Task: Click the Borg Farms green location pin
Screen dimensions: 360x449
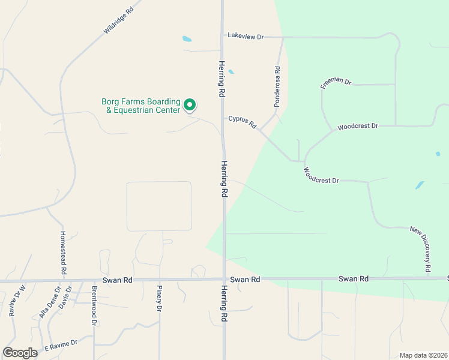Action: pyautogui.click(x=190, y=106)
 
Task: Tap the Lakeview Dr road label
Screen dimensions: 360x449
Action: pyautogui.click(x=246, y=37)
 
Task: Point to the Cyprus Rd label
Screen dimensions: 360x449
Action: pyautogui.click(x=243, y=122)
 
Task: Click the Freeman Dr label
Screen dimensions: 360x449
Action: pyautogui.click(x=335, y=83)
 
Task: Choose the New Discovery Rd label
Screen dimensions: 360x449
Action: pyautogui.click(x=421, y=248)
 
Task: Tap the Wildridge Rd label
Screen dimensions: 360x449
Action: pyautogui.click(x=118, y=20)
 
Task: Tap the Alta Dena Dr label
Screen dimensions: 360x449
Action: pyautogui.click(x=50, y=302)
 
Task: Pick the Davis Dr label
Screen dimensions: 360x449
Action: pyautogui.click(x=65, y=296)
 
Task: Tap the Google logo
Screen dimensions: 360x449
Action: pyautogui.click(x=20, y=352)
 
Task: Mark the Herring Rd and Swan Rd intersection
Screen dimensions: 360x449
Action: pyautogui.click(x=224, y=280)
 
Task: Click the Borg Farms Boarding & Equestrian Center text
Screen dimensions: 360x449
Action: pyautogui.click(x=141, y=106)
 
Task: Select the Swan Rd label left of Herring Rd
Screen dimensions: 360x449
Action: pyautogui.click(x=117, y=280)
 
